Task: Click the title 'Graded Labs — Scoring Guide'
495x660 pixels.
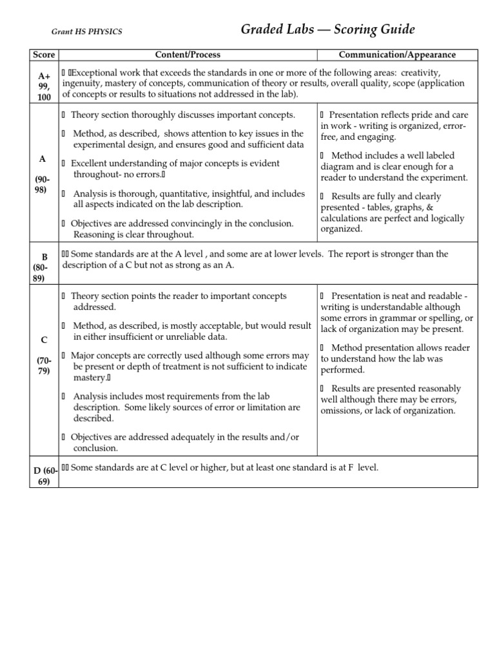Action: [327, 30]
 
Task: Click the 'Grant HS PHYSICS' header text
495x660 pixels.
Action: [86, 32]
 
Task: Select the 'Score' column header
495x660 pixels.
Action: [44, 55]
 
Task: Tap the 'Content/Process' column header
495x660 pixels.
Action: [188, 55]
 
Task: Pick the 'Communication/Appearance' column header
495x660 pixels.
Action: [397, 55]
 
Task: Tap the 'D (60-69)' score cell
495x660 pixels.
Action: [44, 474]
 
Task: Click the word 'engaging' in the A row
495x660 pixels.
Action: [380, 137]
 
